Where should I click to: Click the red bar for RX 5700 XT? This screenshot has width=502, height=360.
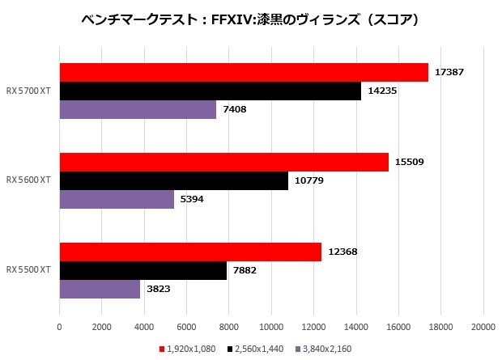click(x=243, y=72)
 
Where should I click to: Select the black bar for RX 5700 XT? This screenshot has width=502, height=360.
click(x=210, y=91)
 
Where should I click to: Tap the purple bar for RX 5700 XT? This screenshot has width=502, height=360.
click(x=138, y=109)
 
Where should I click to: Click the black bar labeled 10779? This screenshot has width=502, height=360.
click(x=173, y=180)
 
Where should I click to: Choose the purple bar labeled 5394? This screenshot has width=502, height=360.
click(x=117, y=199)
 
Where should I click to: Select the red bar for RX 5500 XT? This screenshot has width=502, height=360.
click(x=190, y=252)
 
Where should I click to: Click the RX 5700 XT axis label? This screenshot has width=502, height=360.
click(x=28, y=91)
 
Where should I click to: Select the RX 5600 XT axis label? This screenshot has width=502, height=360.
click(x=28, y=180)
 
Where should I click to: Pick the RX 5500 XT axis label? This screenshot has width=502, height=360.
click(x=28, y=270)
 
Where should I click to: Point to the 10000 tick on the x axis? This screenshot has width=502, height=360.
click(x=271, y=326)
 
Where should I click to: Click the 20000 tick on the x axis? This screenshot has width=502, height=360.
click(x=483, y=326)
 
